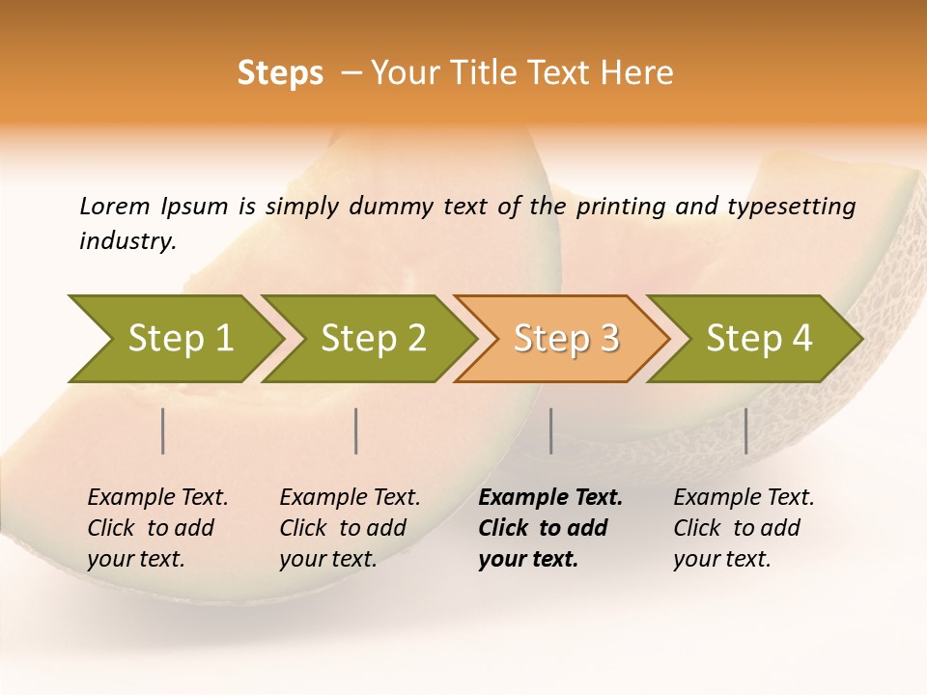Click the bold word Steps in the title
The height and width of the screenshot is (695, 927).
280,73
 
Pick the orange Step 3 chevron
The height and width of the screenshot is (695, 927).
562,339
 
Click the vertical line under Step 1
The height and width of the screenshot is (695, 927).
163,431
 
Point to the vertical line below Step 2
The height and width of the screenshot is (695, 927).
356,431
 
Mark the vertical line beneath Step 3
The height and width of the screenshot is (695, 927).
550,431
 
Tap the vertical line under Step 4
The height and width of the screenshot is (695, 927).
746,431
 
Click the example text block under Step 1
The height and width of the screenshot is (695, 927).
157,528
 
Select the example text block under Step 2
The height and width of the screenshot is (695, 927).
350,528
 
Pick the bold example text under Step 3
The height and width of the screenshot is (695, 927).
550,528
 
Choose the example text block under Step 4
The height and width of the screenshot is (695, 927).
744,528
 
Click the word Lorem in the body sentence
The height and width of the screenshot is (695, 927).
115,206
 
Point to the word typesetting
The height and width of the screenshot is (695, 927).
795,206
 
